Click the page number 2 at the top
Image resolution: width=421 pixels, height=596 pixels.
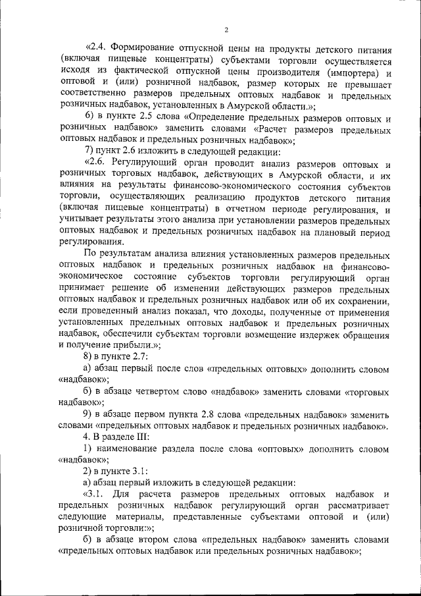pos(226,30)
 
